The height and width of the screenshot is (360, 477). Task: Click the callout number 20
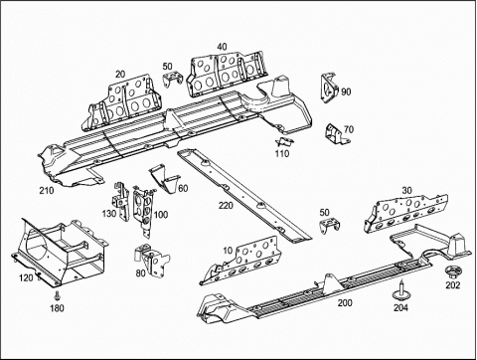pos(120,74)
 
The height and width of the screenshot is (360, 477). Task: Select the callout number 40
pos(221,46)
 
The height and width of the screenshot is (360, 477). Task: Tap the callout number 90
pos(346,91)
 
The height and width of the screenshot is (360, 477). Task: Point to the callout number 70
pos(348,129)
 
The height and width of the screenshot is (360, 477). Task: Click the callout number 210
pos(47,191)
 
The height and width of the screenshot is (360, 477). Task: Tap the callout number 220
pos(226,207)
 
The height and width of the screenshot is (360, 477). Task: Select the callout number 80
pos(140,272)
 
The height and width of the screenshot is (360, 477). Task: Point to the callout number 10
pos(230,250)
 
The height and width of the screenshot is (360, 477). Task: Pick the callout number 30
pos(405,191)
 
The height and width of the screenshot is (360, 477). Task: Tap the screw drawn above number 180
pos(59,295)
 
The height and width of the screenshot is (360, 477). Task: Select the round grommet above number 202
pos(452,270)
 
